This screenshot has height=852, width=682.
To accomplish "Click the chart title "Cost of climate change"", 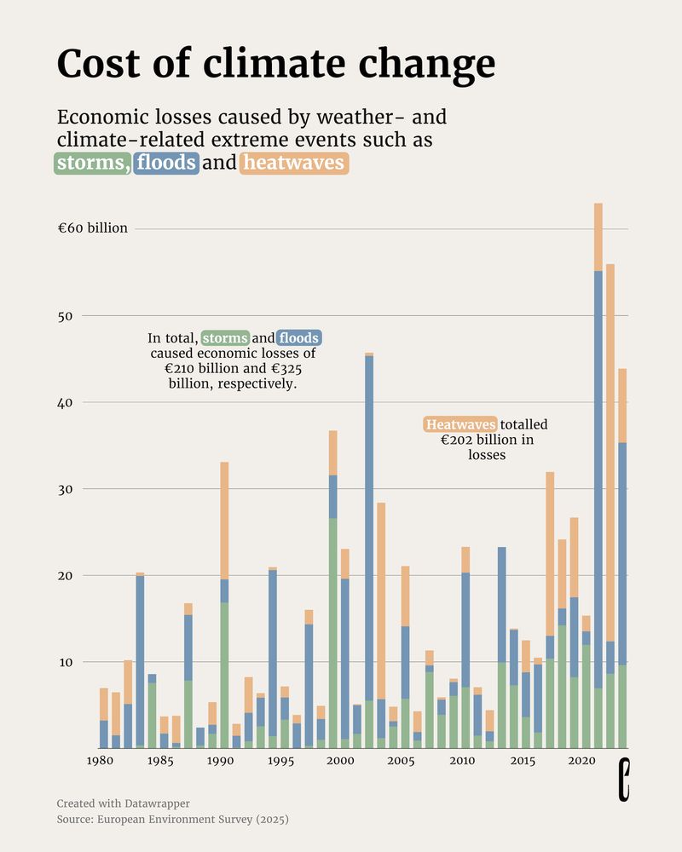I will point(275,64).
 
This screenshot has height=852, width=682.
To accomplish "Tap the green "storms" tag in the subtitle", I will point(92,163).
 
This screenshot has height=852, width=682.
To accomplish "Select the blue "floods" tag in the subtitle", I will point(166,163).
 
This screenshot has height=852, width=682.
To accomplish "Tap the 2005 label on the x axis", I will point(401,761).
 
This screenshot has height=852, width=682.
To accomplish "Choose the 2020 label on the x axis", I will point(581,761).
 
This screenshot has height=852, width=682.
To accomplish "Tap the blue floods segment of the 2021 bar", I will point(598,477).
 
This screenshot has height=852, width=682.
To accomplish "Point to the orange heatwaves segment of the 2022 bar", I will point(610,452).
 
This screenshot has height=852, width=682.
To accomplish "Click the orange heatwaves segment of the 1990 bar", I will point(224,520).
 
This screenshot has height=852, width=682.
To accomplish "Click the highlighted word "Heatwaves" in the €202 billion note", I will point(460,424).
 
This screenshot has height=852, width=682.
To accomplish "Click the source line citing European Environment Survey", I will point(172,820).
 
